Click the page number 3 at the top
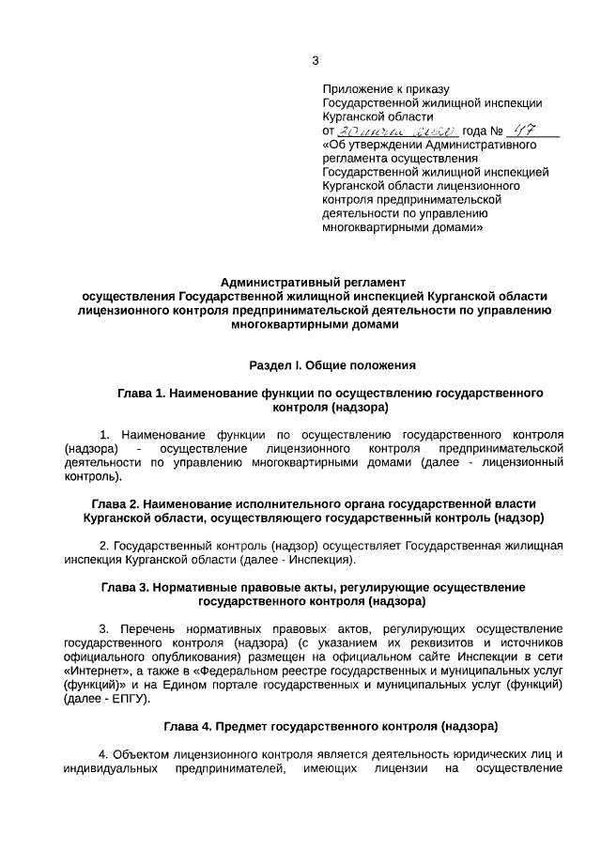[x=316, y=61]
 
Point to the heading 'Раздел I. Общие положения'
[x=332, y=363]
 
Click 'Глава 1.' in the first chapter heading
[x=140, y=394]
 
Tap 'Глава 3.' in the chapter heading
[x=127, y=587]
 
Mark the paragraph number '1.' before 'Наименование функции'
[x=105, y=435]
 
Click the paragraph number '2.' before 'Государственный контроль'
[x=105, y=546]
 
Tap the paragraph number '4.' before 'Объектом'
[x=105, y=754]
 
